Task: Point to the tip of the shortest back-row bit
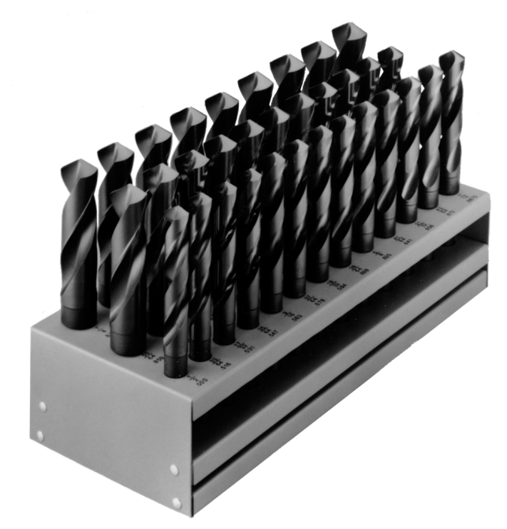pos(77,165)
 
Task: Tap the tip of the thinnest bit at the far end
pos(452,55)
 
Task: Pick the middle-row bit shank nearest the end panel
pos(126,332)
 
